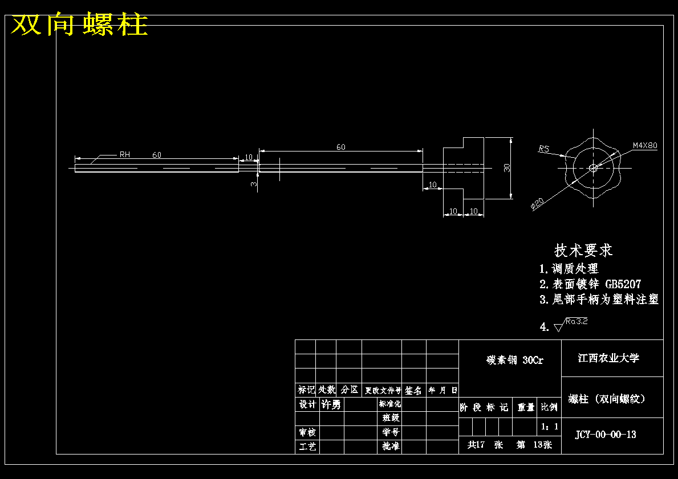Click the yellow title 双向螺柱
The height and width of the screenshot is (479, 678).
[80, 24]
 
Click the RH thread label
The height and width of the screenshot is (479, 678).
[124, 154]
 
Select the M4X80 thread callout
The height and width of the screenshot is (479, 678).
[644, 145]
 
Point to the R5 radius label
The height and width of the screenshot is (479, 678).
[543, 149]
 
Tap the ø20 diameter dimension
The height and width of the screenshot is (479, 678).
[537, 204]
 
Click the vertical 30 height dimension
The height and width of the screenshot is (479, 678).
[506, 167]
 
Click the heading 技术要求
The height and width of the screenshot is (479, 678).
[583, 250]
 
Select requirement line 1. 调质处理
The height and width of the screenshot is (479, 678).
[569, 268]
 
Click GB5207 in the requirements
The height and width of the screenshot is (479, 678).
[623, 284]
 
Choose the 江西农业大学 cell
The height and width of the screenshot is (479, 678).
[608, 358]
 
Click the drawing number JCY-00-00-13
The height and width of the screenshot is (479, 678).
[605, 435]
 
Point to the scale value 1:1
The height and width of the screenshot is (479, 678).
[549, 426]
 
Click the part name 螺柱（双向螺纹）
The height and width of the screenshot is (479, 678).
[607, 399]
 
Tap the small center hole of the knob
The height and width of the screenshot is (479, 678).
[593, 167]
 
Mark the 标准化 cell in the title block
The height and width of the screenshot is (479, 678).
[389, 404]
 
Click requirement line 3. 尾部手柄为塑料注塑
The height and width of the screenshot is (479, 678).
[599, 300]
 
